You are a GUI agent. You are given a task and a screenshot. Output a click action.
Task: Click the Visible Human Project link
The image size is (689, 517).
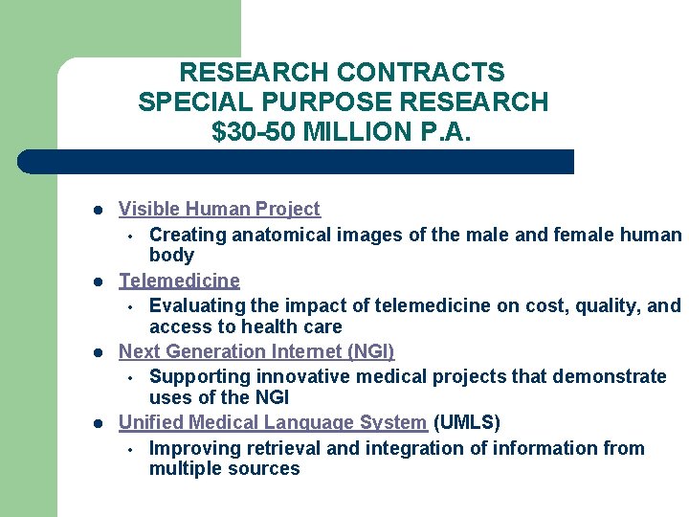[x=219, y=209]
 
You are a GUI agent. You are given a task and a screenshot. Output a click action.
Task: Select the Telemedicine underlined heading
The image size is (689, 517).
[x=179, y=281]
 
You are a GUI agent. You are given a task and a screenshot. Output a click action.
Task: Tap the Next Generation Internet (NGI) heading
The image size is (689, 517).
[x=256, y=351]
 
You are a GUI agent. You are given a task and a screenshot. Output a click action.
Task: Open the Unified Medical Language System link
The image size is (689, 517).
[x=272, y=422]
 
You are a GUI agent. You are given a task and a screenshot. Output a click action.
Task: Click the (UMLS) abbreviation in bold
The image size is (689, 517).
[x=467, y=422]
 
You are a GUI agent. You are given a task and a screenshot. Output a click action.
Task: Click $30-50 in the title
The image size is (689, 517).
[x=253, y=130]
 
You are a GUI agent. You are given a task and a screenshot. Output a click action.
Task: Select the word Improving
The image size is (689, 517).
[x=191, y=448]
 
